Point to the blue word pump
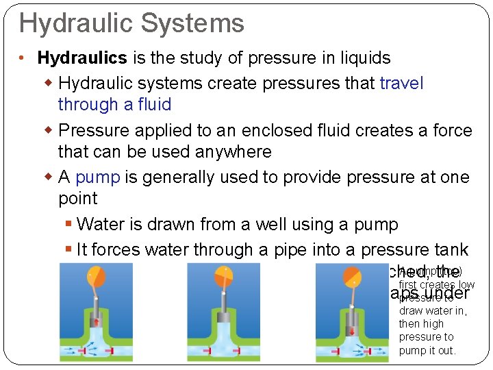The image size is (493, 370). tap(97, 177)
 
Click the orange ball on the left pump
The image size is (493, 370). tap(97, 277)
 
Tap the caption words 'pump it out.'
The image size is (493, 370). tap(427, 351)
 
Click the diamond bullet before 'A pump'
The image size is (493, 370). tap(48, 177)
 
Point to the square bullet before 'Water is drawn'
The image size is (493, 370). tap(68, 224)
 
